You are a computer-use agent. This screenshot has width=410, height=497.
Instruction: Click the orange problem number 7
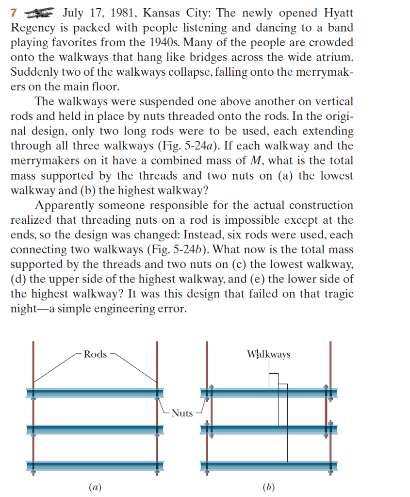click(x=14, y=13)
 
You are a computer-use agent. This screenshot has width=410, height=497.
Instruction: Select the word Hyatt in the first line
click(x=338, y=13)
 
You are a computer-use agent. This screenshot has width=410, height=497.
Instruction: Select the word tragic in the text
click(x=338, y=294)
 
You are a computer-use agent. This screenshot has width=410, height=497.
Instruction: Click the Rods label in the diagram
click(x=95, y=354)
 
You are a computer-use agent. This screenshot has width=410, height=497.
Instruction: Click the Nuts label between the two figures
click(x=182, y=414)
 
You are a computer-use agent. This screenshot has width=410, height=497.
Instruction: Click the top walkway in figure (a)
click(x=95, y=392)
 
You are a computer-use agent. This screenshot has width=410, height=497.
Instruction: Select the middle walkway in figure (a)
click(x=95, y=429)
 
